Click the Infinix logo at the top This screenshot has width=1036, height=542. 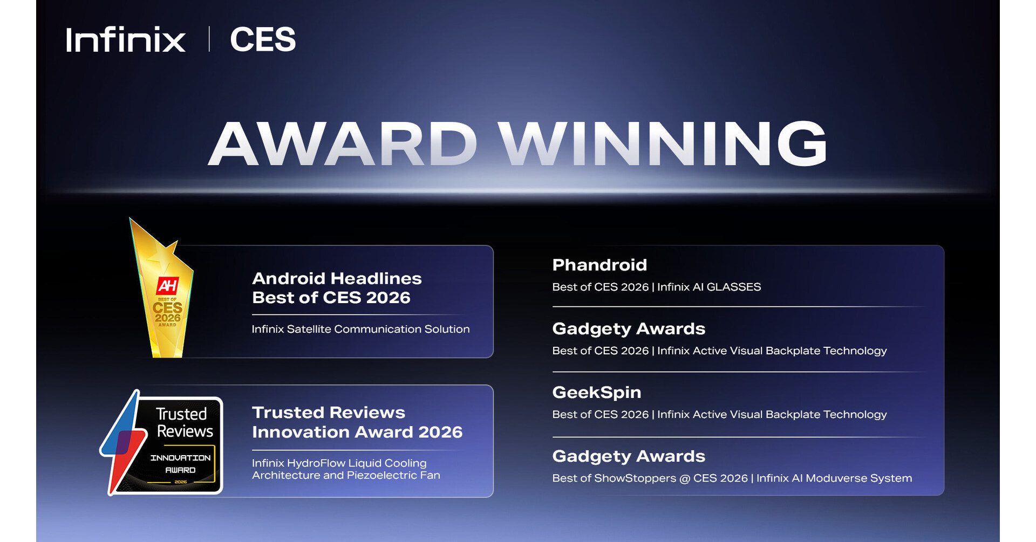tap(125, 40)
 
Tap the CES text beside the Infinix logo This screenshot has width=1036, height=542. tap(263, 40)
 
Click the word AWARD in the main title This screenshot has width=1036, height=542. tap(343, 144)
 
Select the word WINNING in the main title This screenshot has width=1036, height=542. tap(662, 144)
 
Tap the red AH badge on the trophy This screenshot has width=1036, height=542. tap(167, 286)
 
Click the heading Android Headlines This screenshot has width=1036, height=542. tap(337, 278)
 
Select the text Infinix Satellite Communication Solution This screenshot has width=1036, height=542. tap(360, 329)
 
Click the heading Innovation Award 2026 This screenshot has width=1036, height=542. tap(357, 432)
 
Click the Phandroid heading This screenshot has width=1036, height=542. tap(599, 265)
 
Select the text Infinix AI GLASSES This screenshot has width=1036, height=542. tap(709, 287)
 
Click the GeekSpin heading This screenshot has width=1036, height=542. tap(597, 392)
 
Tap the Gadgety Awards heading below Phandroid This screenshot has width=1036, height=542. tap(629, 328)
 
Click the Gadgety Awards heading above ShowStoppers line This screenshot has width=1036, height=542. tap(629, 456)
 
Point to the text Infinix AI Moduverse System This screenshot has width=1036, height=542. tap(834, 478)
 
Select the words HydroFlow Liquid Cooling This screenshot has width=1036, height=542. tap(357, 463)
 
